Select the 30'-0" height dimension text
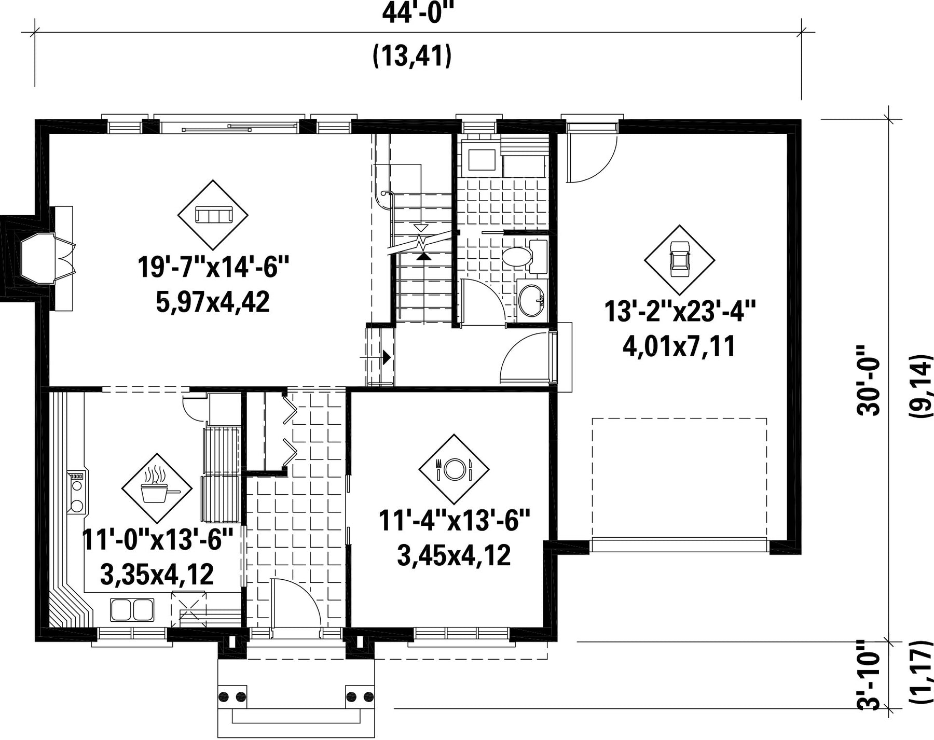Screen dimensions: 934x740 [x=869, y=380]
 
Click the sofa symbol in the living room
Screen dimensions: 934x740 [x=213, y=215]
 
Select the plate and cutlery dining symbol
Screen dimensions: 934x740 [x=454, y=469]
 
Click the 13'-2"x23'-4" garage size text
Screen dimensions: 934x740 [x=679, y=312]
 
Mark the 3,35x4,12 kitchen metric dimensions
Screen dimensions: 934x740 [x=157, y=575]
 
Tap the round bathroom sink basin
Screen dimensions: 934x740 [x=531, y=300]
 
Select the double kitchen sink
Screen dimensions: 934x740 [x=132, y=609]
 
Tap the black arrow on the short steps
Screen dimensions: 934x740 [x=387, y=357]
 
